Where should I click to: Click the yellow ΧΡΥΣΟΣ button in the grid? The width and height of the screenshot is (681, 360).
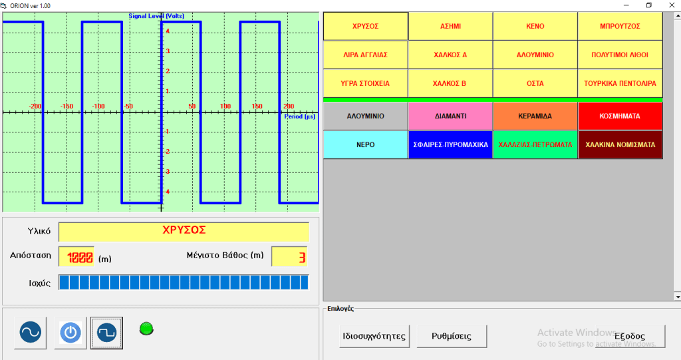coord(365,27)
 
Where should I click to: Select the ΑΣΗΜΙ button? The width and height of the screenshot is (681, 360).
coord(450,27)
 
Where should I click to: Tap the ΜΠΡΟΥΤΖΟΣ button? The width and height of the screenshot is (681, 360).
coord(620,27)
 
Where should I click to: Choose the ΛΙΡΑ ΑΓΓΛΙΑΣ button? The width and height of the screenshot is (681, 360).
coord(365,55)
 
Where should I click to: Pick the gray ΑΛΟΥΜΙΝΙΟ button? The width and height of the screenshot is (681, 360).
coord(365,116)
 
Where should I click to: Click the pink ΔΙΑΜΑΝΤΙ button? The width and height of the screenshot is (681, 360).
coord(450,116)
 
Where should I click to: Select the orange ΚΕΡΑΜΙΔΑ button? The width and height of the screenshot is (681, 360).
coord(535,116)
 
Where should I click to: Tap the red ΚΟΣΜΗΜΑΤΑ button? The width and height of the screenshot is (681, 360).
coord(620,116)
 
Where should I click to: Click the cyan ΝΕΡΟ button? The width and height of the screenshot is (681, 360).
coord(365,144)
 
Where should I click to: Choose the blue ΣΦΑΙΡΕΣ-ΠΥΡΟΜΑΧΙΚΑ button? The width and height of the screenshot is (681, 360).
coord(450,144)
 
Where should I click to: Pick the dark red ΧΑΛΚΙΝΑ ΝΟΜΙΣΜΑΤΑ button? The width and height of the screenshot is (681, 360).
coord(620,144)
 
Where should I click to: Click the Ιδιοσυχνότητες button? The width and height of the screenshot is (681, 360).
coord(374,336)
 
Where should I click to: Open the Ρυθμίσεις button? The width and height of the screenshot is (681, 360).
coord(452,336)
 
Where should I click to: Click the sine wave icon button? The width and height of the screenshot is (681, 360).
coord(30,332)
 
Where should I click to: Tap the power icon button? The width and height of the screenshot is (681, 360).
coord(70,332)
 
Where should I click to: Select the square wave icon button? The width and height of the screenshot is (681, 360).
coord(106,332)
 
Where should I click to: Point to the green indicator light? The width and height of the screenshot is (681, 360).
coord(146,327)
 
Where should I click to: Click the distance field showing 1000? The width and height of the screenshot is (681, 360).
coord(76,257)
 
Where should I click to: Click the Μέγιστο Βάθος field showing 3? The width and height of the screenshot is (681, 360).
coord(289,257)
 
